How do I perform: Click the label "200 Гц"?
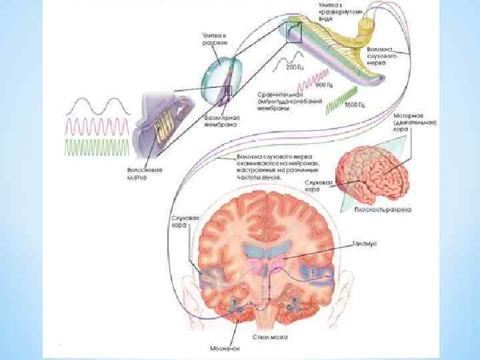[x=294, y=67]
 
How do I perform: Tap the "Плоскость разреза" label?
[x=382, y=209]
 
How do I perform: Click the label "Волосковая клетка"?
[x=141, y=174]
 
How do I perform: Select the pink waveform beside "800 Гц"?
[x=306, y=84]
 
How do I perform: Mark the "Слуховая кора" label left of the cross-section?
[x=182, y=222]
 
